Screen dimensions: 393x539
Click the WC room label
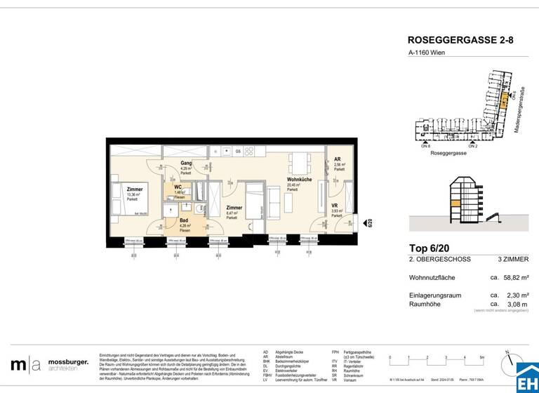click(178, 188)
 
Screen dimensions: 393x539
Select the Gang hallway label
click(185, 164)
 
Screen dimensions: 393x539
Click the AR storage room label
click(338, 159)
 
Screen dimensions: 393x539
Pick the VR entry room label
click(335, 206)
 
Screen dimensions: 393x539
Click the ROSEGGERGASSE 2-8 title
click(460, 41)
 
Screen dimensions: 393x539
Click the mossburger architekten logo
click(49, 364)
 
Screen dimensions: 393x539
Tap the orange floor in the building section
click(456, 203)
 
